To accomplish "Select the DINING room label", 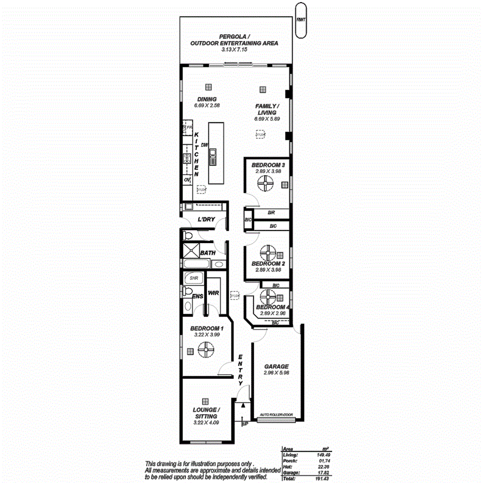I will coord(206,99).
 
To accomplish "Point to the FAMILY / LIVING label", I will coord(267,109).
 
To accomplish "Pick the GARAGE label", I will coord(275,366).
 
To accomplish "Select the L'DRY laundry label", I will coord(206,219).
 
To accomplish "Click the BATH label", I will coord(208,252).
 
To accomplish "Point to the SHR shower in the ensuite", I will coord(194,278).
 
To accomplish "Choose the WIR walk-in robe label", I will coord(213,293).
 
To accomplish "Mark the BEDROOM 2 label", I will coord(268,263).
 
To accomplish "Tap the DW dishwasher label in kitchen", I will coord(205,146).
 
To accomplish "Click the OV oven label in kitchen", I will coord(187,179).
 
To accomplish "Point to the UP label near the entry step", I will coord(245,423).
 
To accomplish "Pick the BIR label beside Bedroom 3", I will coord(271,212).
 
